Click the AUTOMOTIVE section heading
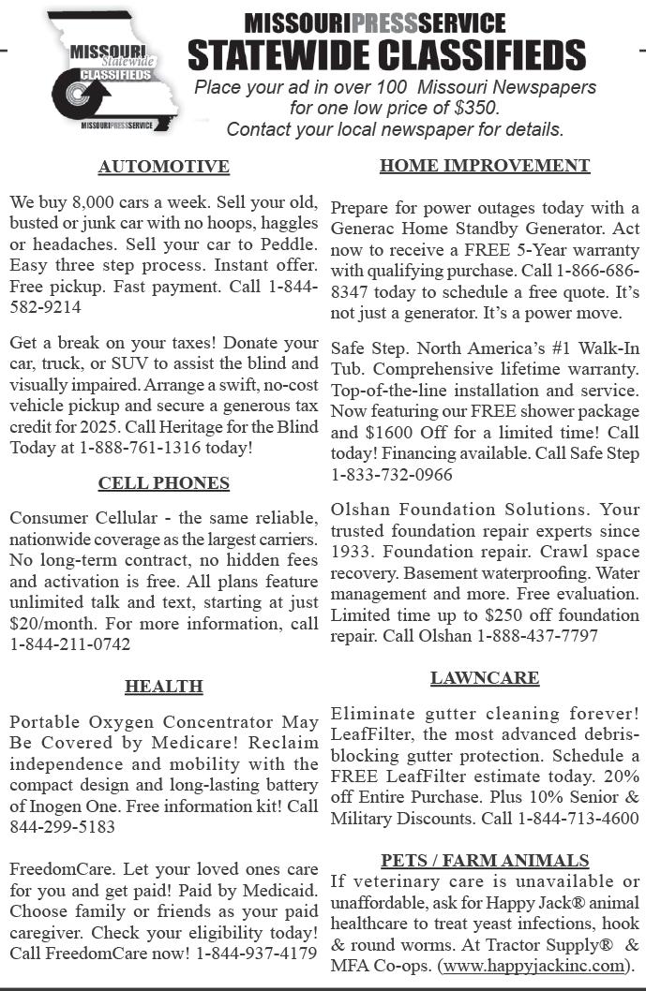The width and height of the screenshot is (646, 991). pos(163,167)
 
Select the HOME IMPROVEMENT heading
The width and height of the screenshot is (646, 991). pos(485,166)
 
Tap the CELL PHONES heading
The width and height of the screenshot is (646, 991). pos(163,483)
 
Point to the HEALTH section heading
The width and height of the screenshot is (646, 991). pos(163,687)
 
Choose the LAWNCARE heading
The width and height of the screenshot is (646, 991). pos(485,677)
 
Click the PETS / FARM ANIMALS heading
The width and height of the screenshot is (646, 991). pos(485,861)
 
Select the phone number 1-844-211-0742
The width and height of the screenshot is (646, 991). pos(69,644)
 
